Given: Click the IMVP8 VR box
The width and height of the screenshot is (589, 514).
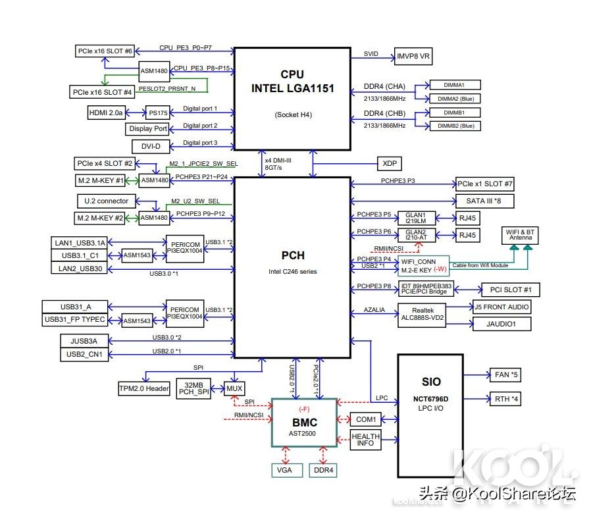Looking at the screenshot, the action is (413, 57).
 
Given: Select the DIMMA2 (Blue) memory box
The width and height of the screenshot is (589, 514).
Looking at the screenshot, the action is (455, 99).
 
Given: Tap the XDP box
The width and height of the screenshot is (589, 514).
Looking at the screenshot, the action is (390, 163).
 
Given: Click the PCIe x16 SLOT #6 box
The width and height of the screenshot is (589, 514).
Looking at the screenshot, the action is (105, 51).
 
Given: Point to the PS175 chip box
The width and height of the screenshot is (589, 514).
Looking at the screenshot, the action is (158, 113).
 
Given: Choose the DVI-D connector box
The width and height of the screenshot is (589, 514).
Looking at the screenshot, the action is (151, 147).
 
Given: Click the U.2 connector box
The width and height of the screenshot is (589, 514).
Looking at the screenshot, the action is (107, 201).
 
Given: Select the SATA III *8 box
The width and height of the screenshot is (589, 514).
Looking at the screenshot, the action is (484, 201).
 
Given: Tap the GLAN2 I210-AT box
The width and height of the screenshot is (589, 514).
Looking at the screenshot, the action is (416, 235).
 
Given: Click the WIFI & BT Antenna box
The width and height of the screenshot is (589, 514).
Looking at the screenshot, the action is (520, 235).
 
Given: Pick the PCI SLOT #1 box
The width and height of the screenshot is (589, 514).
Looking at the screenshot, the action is (511, 290).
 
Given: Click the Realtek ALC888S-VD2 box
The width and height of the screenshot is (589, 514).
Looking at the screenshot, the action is (422, 315).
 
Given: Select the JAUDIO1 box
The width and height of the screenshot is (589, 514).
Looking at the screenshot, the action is (501, 324).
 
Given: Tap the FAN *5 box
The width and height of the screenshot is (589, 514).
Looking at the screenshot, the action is (505, 375).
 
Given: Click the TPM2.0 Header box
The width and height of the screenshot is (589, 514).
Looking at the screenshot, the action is (144, 388).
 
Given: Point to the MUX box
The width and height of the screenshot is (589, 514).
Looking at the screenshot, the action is (234, 388).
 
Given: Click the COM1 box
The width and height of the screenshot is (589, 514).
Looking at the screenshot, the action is (366, 419).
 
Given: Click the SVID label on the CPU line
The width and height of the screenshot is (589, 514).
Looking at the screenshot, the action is (371, 54).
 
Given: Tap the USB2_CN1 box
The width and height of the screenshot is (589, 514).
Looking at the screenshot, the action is (84, 354).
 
